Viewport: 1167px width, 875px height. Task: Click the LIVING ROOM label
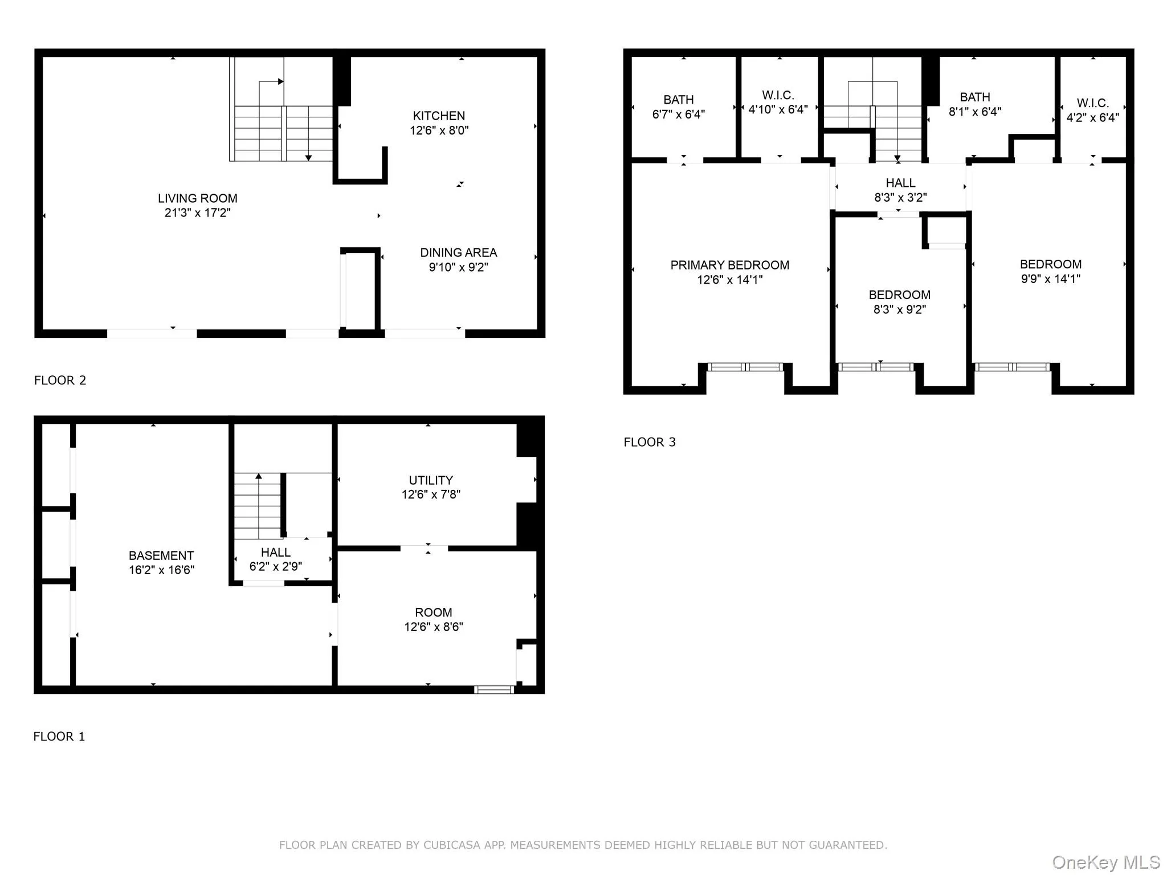pos(197,198)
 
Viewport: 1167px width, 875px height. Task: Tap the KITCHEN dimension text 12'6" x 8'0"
pos(439,130)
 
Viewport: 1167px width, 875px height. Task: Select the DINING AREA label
pos(458,252)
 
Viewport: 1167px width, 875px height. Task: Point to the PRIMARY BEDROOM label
pos(729,265)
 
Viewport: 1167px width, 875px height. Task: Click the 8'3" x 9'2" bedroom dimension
pos(899,309)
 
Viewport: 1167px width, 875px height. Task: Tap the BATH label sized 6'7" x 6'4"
pos(678,100)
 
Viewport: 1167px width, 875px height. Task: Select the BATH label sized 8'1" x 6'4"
pos(974,97)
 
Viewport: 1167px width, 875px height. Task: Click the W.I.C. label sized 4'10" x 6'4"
pos(778,95)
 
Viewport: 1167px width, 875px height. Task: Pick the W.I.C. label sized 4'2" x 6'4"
pos(1092,103)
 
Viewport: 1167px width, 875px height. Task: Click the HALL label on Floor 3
pos(900,183)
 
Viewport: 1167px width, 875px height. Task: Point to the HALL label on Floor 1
pos(276,552)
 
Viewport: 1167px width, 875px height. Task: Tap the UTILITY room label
pos(431,480)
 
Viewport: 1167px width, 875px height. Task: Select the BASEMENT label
pos(161,555)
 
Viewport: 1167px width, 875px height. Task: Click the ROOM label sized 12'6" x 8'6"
pos(433,612)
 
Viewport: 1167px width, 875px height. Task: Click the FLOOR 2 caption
pos(60,381)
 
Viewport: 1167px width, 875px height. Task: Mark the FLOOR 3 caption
pos(649,442)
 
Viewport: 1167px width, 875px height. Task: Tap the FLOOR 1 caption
pos(59,737)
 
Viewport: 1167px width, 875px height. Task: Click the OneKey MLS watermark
pos(1105,862)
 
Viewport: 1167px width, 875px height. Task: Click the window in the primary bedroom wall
pos(745,367)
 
